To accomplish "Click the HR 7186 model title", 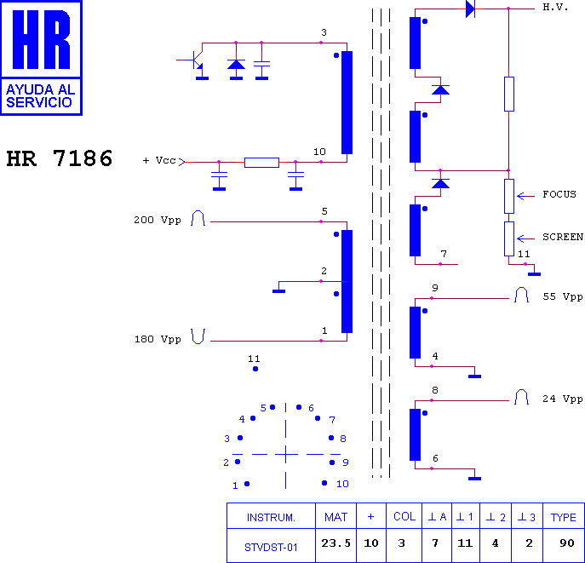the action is pos(60,158).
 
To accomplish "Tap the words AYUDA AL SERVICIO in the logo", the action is pos(41,96).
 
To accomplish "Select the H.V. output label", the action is pos(555,7).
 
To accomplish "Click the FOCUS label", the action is pos(559,194).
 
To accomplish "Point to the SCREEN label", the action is pos(563,237).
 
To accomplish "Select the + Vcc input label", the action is pos(159,160).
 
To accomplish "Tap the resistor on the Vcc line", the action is pos(262,163).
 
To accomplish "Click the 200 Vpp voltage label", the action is pos(158,220).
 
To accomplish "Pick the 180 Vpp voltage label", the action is pos(158,339).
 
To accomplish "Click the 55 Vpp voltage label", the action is pos(563,296).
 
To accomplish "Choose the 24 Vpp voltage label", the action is pos(563,399).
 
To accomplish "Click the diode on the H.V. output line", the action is pos(470,9).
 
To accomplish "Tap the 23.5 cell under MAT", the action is pos(336,543).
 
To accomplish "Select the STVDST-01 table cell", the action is pos(271,548).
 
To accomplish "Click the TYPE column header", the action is pos(564,518).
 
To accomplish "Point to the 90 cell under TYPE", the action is pos(567,543).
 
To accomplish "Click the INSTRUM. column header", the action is pos(271,518).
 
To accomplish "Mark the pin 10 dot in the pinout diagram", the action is pos(324,483).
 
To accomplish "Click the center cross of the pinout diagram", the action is pos(286,454).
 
